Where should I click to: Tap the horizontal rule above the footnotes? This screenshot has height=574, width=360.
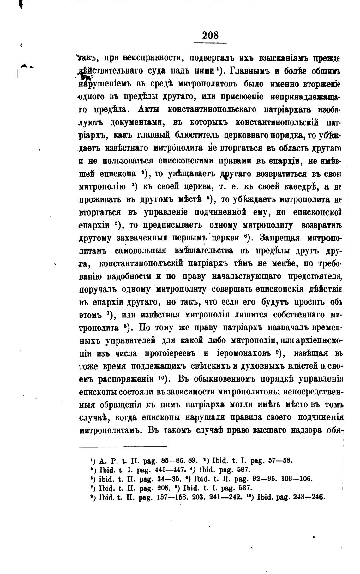pos(123,446)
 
